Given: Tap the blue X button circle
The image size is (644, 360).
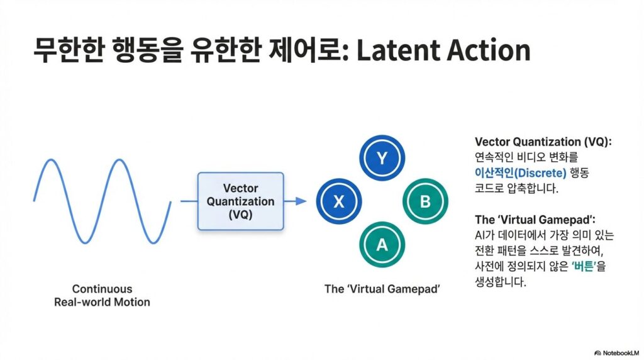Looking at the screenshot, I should click(x=340, y=201).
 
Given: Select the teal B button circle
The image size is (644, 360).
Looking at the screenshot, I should click(x=424, y=201).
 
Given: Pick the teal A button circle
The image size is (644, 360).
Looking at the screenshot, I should click(x=381, y=244).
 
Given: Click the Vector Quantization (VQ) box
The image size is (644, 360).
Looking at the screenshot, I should click(x=240, y=201).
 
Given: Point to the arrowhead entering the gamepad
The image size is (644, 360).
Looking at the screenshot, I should click(x=301, y=201).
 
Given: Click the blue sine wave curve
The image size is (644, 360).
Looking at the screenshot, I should click(x=101, y=201).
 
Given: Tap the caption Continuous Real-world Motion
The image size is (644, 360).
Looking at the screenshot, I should click(x=102, y=296).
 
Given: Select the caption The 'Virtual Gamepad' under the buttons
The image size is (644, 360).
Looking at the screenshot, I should click(x=382, y=290).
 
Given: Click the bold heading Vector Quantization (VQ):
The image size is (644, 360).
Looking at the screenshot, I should click(x=543, y=142).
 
